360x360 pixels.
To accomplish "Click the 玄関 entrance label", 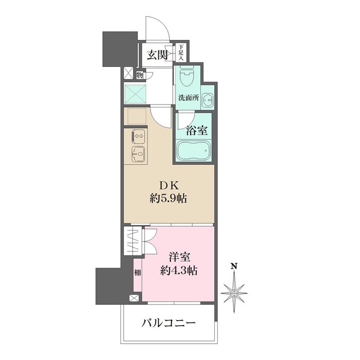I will pyautogui.click(x=158, y=55).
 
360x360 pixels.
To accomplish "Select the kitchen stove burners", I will pyautogui.click(x=138, y=136).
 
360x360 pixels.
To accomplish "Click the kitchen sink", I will pyautogui.click(x=138, y=153).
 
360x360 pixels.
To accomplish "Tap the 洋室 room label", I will pyautogui.click(x=179, y=258).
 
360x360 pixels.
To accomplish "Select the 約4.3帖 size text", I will pyautogui.click(x=179, y=270).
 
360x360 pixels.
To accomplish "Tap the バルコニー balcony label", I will pyautogui.click(x=168, y=323).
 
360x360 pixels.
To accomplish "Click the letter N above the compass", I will pyautogui.click(x=235, y=267).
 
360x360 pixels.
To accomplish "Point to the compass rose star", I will pyautogui.click(x=234, y=292).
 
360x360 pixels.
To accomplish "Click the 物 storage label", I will pyautogui.click(x=139, y=74).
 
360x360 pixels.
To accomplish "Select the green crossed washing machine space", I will pyautogui.click(x=135, y=93).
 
